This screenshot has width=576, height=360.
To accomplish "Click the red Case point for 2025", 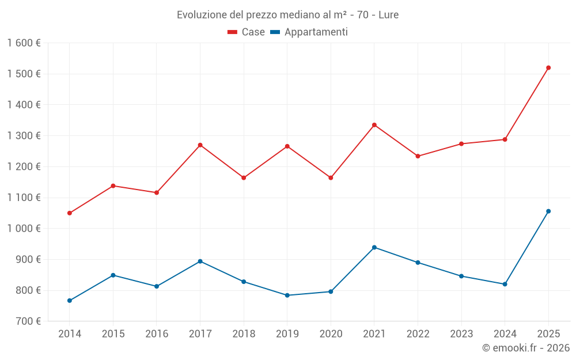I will pyautogui.click(x=548, y=68).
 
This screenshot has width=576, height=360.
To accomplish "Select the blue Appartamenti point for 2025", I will pyautogui.click(x=548, y=211).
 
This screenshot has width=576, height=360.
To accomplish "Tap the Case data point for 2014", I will pyautogui.click(x=70, y=213).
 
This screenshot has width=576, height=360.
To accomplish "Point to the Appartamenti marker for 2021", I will pyautogui.click(x=374, y=248).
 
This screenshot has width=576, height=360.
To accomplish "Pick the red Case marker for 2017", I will pyautogui.click(x=200, y=145).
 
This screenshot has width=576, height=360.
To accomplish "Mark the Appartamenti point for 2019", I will pyautogui.click(x=287, y=295).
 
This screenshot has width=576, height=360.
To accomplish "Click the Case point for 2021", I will pyautogui.click(x=374, y=125).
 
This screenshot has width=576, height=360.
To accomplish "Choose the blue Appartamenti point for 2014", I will pyautogui.click(x=70, y=301).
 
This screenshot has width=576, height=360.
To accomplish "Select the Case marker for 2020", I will pyautogui.click(x=331, y=178).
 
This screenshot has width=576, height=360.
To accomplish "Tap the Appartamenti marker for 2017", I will pyautogui.click(x=200, y=262).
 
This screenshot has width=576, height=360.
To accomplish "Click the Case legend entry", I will pyautogui.click(x=247, y=32).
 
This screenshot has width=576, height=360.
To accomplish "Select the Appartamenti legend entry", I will pyautogui.click(x=309, y=32).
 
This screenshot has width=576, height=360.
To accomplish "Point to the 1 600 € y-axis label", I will pyautogui.click(x=24, y=43).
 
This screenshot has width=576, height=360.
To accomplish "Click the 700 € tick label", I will pyautogui.click(x=28, y=321).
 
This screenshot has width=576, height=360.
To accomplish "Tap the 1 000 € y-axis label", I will pyautogui.click(x=24, y=229).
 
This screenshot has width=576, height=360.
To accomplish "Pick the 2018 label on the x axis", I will pyautogui.click(x=244, y=334).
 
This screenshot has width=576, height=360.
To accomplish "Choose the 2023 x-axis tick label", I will pyautogui.click(x=461, y=334).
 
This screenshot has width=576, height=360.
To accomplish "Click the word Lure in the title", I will pyautogui.click(x=389, y=15).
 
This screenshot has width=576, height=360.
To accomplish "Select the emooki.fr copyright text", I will pyautogui.click(x=526, y=348).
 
